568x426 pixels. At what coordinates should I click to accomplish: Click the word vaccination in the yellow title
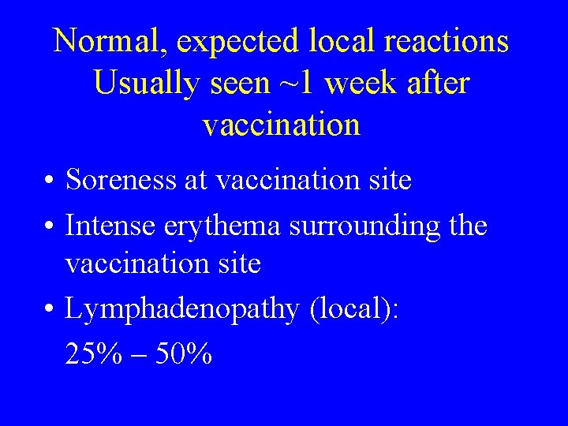(x=282, y=125)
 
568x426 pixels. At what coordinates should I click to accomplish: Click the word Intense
(x=110, y=226)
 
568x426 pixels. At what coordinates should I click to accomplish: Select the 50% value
(x=184, y=354)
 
